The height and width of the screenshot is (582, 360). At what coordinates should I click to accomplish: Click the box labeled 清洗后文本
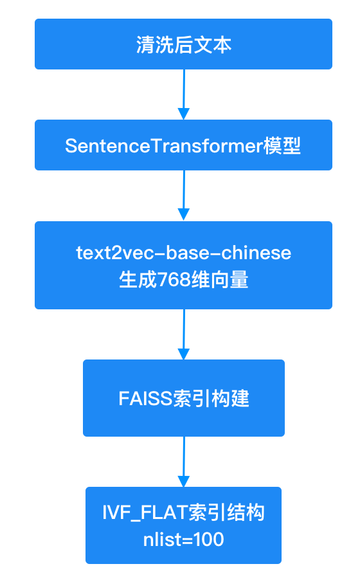tap(183, 44)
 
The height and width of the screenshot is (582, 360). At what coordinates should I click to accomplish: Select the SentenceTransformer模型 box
tap(183, 145)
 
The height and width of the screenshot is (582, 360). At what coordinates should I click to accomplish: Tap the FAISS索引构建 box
tap(184, 398)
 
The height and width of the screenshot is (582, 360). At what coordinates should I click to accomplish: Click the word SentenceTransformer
tap(164, 145)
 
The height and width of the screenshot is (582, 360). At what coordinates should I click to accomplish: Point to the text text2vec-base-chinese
tap(184, 253)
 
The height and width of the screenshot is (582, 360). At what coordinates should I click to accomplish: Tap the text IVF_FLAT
tap(145, 513)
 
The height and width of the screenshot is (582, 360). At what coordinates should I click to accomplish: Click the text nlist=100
tap(184, 540)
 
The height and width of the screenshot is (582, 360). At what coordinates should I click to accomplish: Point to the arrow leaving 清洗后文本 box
tap(184, 95)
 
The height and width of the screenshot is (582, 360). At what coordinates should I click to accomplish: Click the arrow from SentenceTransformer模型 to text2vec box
tap(184, 196)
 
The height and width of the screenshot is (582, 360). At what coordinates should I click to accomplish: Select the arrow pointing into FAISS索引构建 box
tap(184, 334)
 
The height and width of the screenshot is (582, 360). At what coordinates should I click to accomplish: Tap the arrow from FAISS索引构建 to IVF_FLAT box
tap(184, 462)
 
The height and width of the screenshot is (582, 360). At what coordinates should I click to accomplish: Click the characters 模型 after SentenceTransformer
tap(282, 145)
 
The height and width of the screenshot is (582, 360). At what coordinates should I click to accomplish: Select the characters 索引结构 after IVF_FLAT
tap(227, 513)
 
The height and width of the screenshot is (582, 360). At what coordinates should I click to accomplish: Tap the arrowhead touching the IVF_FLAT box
tap(184, 482)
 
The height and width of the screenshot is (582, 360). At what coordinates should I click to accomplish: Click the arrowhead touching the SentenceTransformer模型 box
tap(184, 114)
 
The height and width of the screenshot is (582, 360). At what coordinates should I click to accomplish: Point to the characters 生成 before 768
tap(138, 280)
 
